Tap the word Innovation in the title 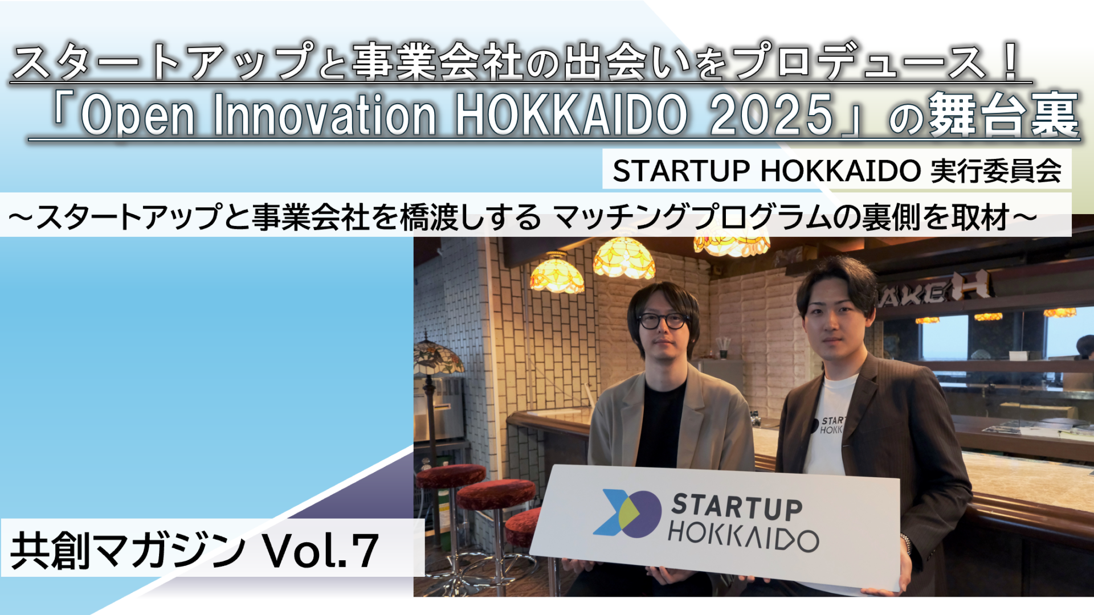pyautogui.click(x=325, y=115)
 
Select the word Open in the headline pyautogui.click(x=138, y=116)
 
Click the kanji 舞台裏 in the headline pyautogui.click(x=1004, y=115)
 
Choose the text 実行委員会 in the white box pyautogui.click(x=996, y=170)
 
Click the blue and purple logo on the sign pyautogui.click(x=627, y=513)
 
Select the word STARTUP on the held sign pyautogui.click(x=737, y=507)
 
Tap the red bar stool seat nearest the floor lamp pyautogui.click(x=450, y=476)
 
